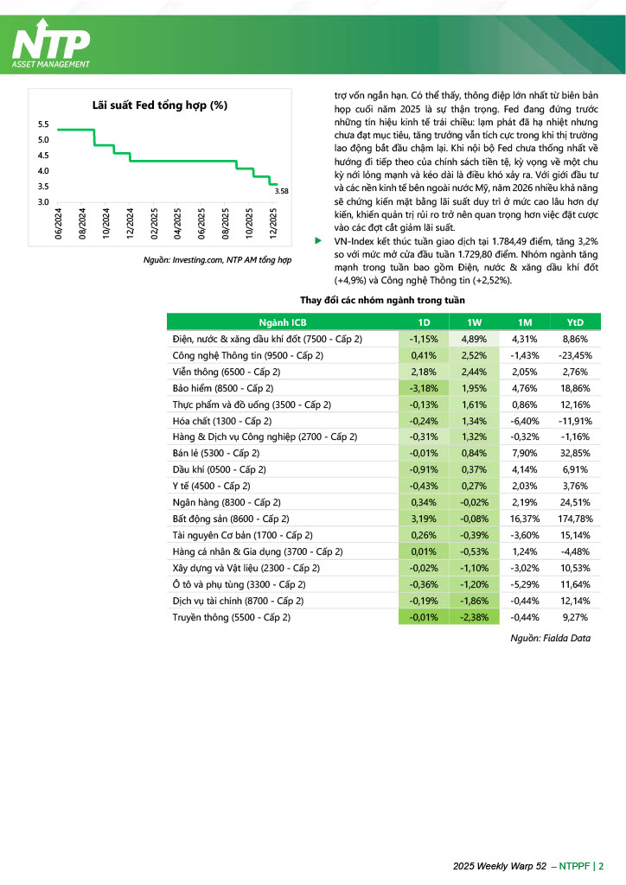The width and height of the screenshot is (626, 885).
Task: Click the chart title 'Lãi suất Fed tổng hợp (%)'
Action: (x=159, y=105)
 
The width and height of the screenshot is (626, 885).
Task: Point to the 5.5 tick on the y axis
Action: (x=43, y=125)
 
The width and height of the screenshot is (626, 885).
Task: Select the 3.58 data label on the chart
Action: (x=280, y=191)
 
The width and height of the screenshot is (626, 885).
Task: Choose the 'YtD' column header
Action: (x=575, y=322)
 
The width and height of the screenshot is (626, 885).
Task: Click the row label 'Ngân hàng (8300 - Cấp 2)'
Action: (x=227, y=501)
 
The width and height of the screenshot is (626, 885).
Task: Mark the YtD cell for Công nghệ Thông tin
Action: (x=575, y=355)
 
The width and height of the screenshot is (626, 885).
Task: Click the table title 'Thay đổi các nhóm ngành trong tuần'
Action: (x=382, y=300)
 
